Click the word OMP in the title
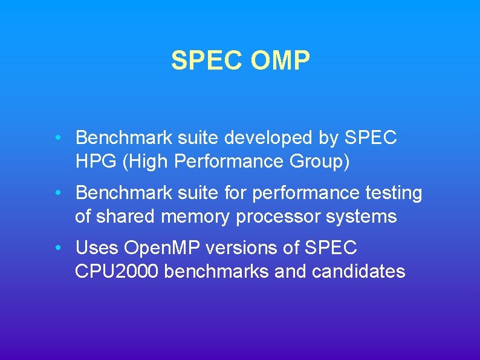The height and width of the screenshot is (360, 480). (279, 61)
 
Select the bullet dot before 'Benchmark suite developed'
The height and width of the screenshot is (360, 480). (56, 137)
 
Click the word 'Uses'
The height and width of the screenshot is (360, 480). (97, 248)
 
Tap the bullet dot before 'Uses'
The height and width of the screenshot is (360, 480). (56, 247)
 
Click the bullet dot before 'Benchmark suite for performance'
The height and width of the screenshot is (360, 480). (56, 192)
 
